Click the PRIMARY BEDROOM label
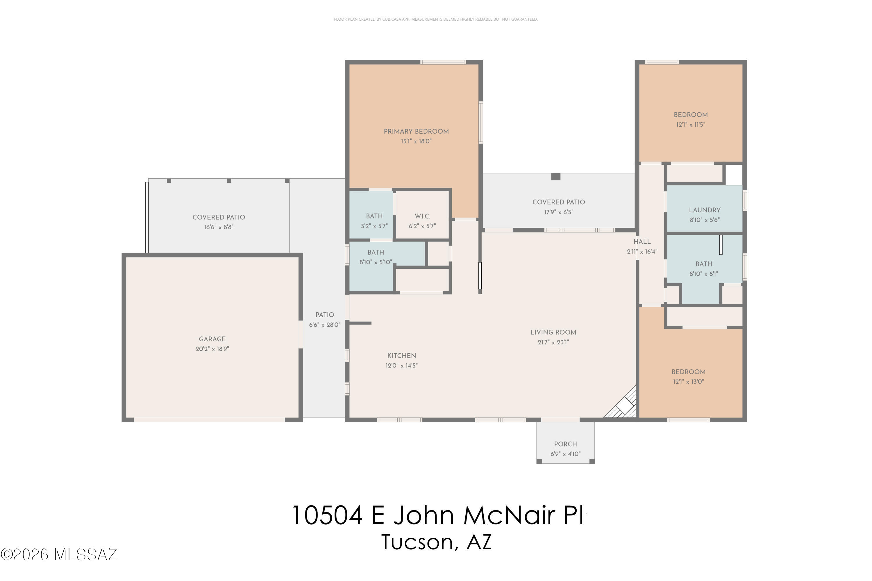[416, 132]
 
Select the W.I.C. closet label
[422, 216]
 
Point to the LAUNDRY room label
[704, 210]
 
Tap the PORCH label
[565, 444]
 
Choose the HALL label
[642, 242]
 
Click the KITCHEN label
[401, 356]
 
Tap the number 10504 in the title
[327, 515]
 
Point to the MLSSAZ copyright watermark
[59, 555]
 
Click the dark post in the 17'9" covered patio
[555, 177]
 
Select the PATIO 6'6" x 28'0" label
[324, 319]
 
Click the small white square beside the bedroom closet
[734, 175]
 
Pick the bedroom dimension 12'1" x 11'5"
[690, 125]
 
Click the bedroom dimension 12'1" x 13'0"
[688, 382]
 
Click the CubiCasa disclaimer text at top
[436, 19]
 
